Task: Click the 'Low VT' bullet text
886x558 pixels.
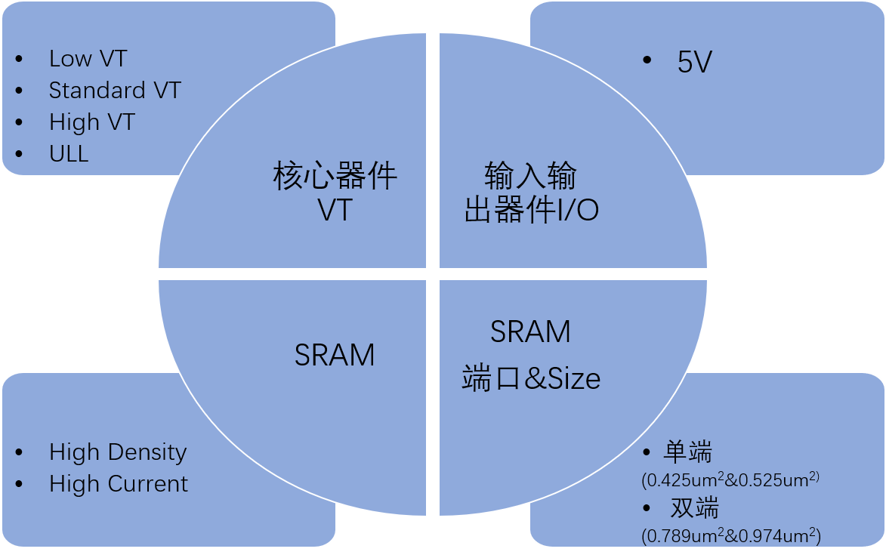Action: (88, 59)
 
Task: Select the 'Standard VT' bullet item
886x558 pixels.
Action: (115, 91)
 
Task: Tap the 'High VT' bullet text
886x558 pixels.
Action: (91, 122)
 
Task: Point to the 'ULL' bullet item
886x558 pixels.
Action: (69, 154)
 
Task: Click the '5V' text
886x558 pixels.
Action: (695, 63)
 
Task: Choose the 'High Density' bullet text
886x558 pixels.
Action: (118, 452)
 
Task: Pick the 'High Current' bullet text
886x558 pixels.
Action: (119, 484)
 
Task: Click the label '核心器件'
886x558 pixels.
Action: (335, 177)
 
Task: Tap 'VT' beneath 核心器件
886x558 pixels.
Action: (335, 211)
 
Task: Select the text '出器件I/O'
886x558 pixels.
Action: (531, 211)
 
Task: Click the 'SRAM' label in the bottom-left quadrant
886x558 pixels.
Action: (335, 355)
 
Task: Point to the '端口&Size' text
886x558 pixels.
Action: (531, 378)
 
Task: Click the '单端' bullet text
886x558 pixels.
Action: (688, 452)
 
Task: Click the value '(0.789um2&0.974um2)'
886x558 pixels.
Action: (730, 535)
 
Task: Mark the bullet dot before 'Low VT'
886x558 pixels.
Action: (19, 59)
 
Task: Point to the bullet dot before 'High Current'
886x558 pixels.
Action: (19, 484)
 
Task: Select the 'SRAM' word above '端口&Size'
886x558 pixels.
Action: (531, 332)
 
